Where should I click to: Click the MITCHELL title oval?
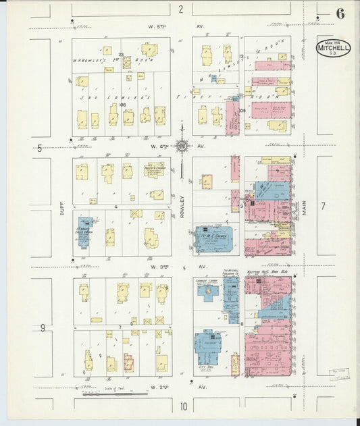point(334,48)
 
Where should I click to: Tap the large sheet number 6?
point(339,14)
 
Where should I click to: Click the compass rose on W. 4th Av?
point(182,145)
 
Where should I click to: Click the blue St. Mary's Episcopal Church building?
point(84,232)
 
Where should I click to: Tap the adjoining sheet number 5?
point(40,148)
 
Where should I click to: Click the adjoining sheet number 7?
point(323,207)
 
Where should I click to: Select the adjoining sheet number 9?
point(42,328)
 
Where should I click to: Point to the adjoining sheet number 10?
point(182,406)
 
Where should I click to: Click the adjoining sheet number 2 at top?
point(180,9)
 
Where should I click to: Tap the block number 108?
point(122,105)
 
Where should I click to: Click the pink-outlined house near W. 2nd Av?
point(128,363)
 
